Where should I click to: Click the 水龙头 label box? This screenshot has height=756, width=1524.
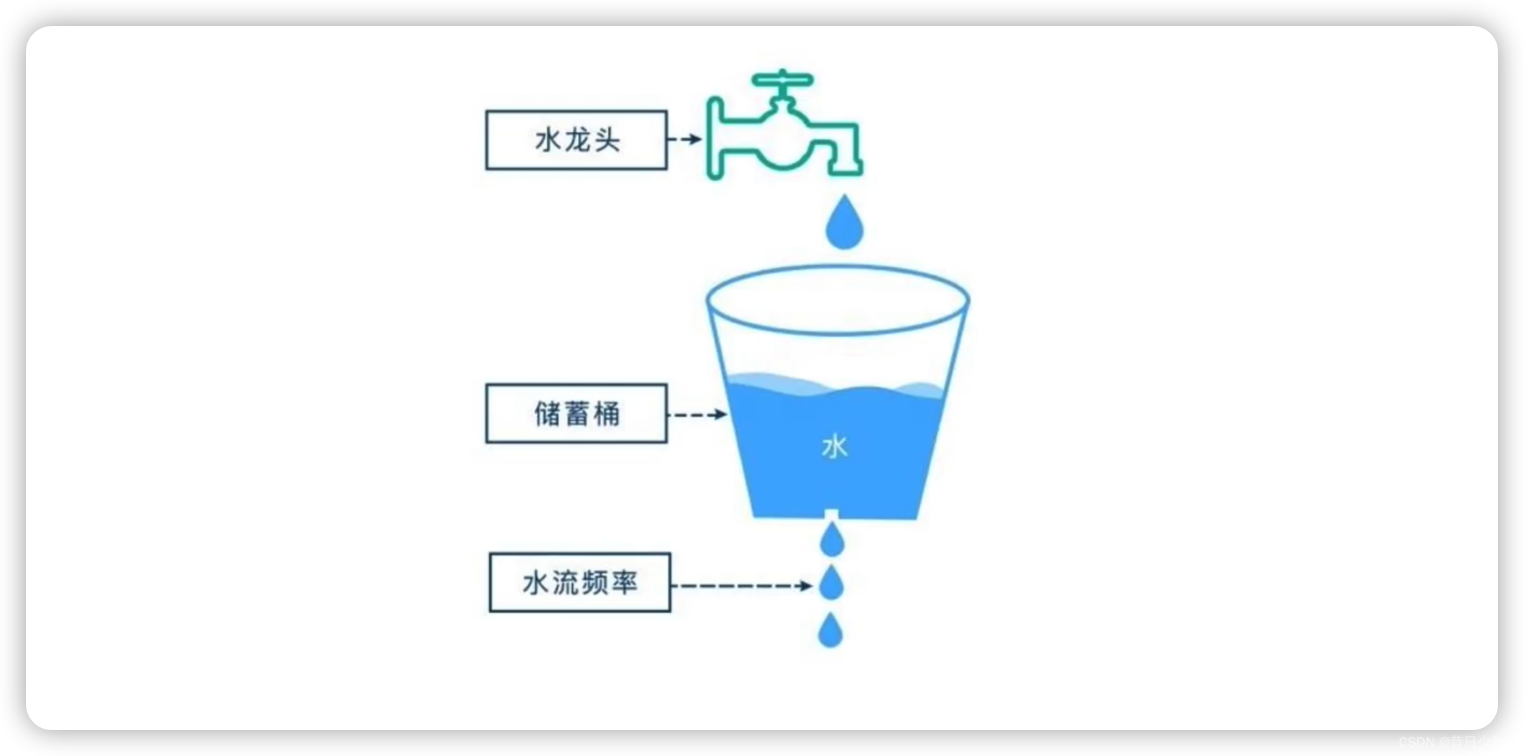576,140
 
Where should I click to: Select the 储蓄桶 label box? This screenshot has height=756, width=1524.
576,414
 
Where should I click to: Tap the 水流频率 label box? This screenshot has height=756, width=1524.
579,583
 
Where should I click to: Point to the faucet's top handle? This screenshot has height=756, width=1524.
782,79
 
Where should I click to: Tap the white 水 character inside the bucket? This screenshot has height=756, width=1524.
835,447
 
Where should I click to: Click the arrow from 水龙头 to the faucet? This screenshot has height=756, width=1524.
684,139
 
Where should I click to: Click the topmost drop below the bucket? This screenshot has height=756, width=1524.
832,540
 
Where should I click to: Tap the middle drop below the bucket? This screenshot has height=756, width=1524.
831,584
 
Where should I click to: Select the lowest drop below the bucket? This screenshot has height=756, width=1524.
830,631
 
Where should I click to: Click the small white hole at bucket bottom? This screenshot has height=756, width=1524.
832,514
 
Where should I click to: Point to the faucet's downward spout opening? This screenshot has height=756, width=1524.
845,171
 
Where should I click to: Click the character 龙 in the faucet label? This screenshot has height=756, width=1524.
577,140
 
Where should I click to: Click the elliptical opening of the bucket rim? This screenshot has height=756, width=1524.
837,300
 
